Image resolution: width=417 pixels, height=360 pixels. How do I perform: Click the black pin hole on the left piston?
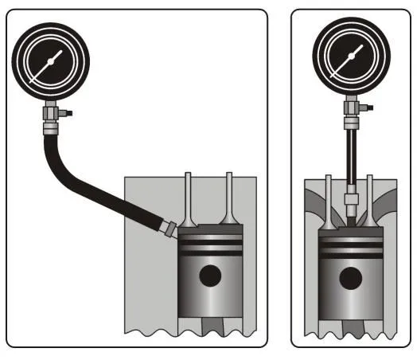pos(209,276)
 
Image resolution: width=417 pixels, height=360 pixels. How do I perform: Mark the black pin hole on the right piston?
pos(349,277)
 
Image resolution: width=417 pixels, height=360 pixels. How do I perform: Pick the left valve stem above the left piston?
pos(189,199)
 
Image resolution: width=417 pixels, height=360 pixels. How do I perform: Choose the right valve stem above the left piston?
pos(229,199)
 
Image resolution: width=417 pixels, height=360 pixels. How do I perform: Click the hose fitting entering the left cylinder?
pos(167,229)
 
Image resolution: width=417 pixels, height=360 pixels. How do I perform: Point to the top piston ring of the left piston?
pos(209,237)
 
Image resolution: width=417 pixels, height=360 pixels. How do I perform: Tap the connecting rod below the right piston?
pos(350,327)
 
